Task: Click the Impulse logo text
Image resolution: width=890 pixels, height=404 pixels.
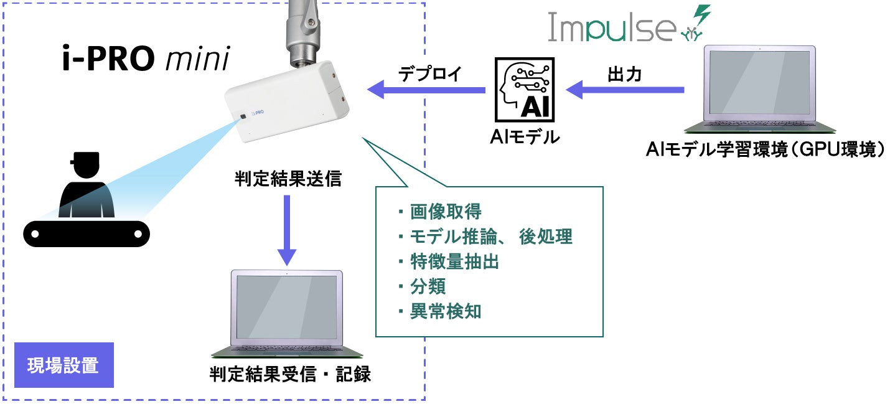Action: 611,27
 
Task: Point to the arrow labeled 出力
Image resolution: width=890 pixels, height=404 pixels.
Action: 628,90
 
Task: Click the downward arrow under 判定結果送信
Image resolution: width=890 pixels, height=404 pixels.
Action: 286,231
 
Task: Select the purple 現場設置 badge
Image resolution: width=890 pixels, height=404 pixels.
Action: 63,365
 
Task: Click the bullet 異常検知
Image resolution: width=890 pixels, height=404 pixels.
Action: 446,312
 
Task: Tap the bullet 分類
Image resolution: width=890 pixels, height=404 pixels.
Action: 428,287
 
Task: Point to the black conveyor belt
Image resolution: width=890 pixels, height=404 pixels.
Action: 87,233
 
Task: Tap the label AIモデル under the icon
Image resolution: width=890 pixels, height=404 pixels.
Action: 524,136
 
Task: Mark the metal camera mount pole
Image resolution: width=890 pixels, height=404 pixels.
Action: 302,28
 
